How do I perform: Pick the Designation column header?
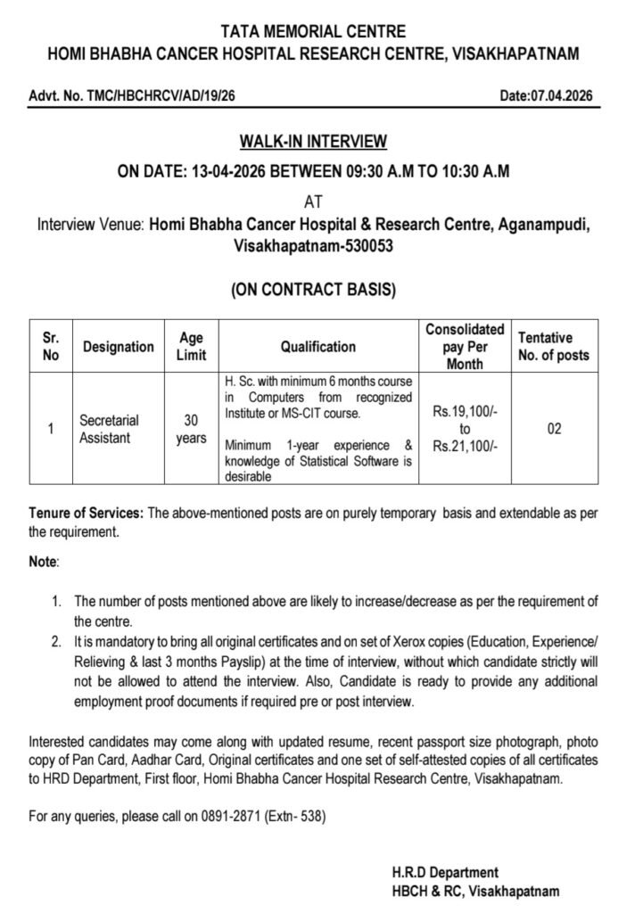coord(119,347)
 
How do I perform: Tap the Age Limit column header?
coord(192,347)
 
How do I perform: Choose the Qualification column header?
coord(318,347)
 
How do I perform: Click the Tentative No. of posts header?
coord(554,347)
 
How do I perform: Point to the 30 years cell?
coord(192,429)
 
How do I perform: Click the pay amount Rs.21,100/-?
coord(465,446)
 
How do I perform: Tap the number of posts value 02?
coord(554,429)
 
